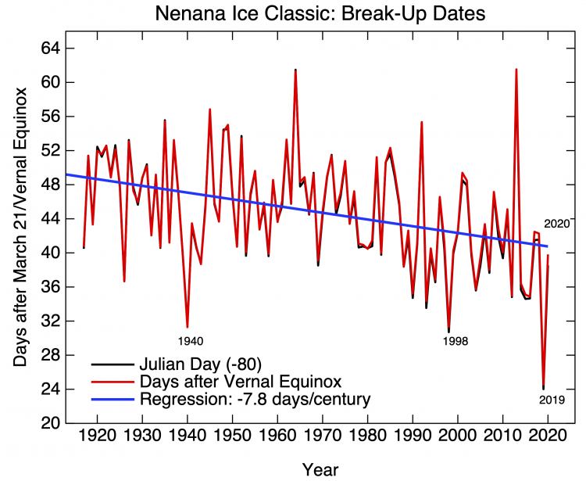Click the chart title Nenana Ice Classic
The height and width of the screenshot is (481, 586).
(x=320, y=14)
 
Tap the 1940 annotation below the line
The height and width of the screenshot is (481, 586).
(x=191, y=341)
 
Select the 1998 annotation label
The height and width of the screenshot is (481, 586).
(x=456, y=341)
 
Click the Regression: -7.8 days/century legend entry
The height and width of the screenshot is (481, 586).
(x=255, y=399)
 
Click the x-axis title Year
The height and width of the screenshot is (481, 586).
(x=320, y=469)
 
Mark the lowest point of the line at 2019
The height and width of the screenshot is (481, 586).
(x=543, y=388)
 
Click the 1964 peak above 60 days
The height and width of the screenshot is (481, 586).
(x=295, y=70)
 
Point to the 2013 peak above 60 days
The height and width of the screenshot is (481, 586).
(x=516, y=70)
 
